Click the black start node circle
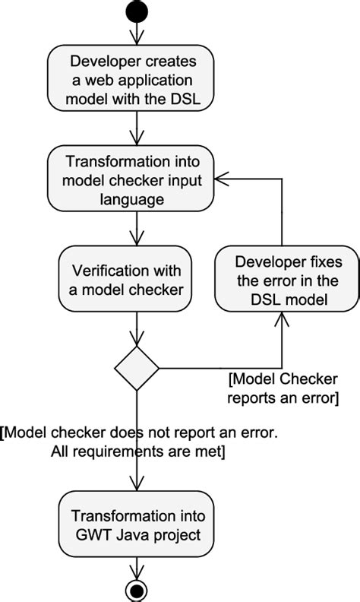tap(137, 12)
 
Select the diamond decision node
tap(137, 369)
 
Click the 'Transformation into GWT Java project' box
tap(137, 525)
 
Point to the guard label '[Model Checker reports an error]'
tap(283, 388)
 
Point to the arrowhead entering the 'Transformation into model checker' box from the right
tap(221, 179)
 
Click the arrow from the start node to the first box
tap(137, 33)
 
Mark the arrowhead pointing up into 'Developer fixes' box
tap(282, 318)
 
